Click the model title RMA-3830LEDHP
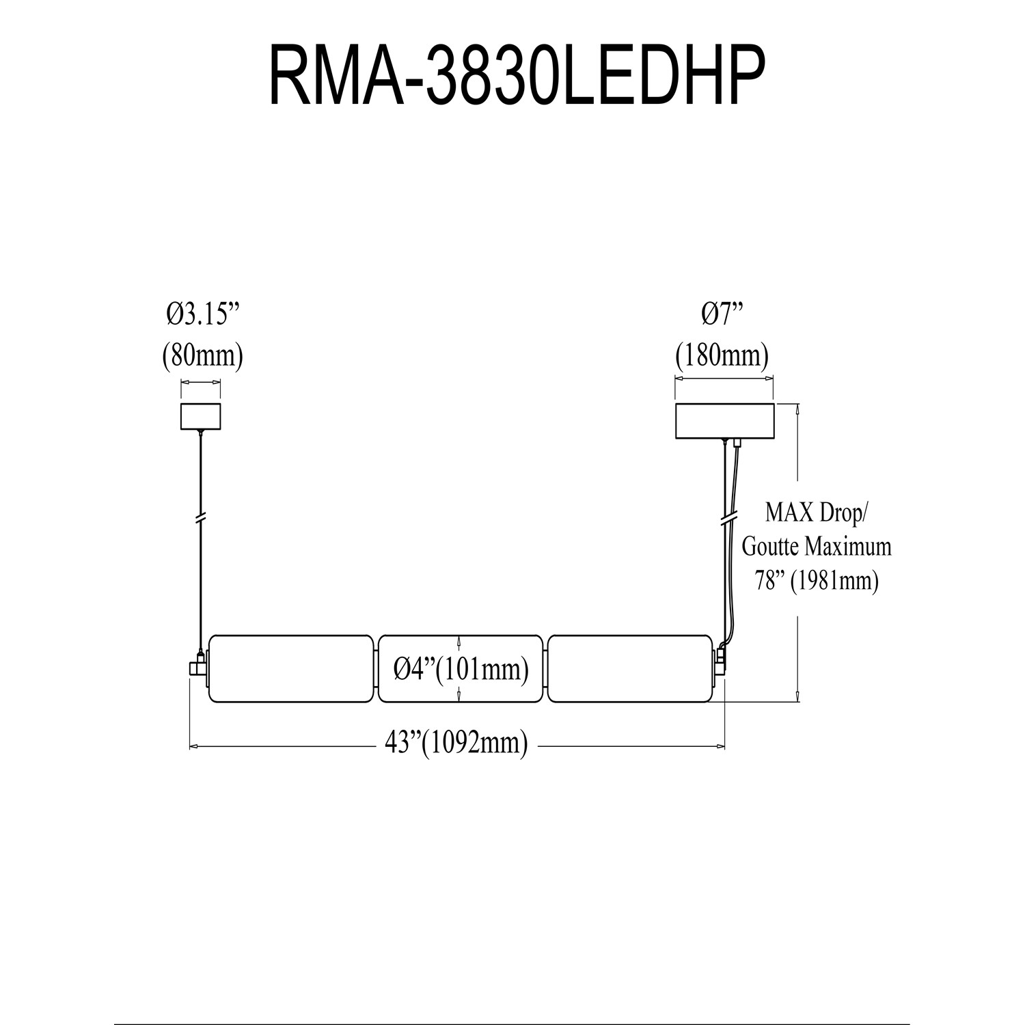[515, 76]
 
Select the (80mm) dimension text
[203, 355]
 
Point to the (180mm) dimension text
[722, 355]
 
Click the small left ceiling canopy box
[201, 417]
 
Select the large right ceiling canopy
[724, 422]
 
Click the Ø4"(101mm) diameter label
[461, 670]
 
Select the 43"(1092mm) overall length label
[456, 743]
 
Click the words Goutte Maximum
[817, 546]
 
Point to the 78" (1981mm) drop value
[816, 580]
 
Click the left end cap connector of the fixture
[198, 666]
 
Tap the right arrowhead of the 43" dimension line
[720, 746]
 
